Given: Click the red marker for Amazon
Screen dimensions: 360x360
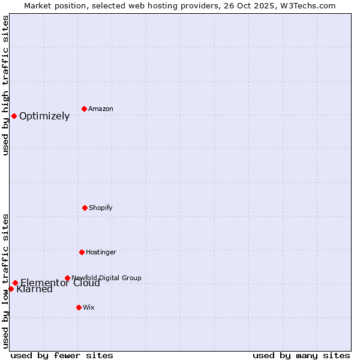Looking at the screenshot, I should coord(84,109).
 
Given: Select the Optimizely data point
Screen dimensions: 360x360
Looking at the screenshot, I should coord(14,116).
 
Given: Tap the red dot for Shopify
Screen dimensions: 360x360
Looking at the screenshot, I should coord(85,208).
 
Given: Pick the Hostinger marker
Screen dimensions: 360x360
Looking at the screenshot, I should coord(82,252).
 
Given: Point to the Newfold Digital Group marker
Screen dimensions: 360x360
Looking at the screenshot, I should coord(67,278).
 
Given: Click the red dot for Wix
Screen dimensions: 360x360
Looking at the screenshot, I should coord(79,307).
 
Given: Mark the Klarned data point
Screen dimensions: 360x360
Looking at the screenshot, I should coord(11,289).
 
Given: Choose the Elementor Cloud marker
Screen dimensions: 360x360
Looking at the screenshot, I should coord(15,283).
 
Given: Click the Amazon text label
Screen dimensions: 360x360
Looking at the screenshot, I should coord(101,109).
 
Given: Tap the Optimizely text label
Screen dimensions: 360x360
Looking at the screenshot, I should coord(44,116).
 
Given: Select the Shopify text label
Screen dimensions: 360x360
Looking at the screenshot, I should coord(101,208).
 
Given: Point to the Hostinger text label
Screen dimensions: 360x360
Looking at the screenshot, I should coord(101,252).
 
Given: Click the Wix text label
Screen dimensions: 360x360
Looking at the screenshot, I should coord(89,307).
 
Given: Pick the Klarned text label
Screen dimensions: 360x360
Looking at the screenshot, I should coord(35,290).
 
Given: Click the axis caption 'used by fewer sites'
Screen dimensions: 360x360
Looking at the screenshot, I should coord(62,355).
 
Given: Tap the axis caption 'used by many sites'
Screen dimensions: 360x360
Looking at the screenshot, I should coord(301,355).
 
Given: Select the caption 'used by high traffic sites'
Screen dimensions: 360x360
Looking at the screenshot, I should coord(5,85).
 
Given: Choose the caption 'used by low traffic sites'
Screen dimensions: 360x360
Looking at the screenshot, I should coord(5,280).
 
